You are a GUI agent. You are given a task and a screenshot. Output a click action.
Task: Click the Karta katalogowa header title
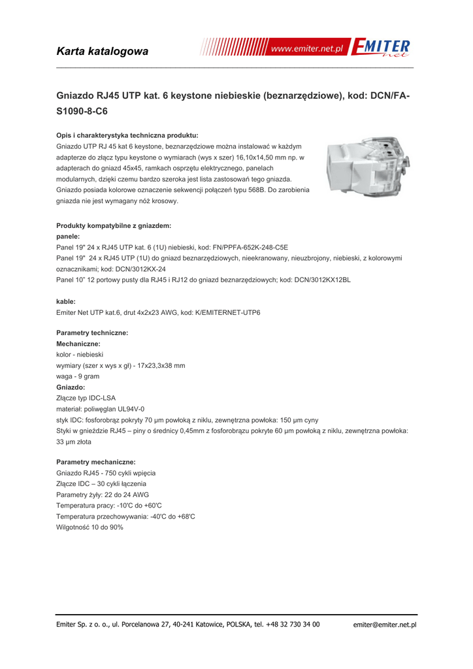(x=103, y=51)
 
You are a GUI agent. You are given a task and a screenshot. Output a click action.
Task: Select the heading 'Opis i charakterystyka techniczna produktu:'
(x=127, y=135)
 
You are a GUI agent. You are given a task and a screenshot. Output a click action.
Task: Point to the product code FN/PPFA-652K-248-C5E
(x=246, y=248)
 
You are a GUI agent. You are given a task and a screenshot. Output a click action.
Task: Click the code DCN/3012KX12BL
(x=318, y=280)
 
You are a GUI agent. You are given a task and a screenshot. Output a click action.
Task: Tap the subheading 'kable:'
(x=66, y=301)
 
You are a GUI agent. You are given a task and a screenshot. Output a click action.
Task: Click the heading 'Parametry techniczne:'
(x=92, y=333)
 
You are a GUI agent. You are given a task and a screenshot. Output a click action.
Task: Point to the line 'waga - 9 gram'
(x=78, y=376)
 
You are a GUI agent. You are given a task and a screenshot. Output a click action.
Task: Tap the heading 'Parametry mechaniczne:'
(x=96, y=461)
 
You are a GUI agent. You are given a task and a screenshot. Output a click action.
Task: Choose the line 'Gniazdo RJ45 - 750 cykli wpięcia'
(x=106, y=472)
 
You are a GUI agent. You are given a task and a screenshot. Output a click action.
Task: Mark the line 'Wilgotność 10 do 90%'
(x=90, y=527)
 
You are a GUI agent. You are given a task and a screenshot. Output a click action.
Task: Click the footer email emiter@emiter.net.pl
(x=384, y=625)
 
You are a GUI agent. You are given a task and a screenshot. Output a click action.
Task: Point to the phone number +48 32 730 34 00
(x=291, y=625)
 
